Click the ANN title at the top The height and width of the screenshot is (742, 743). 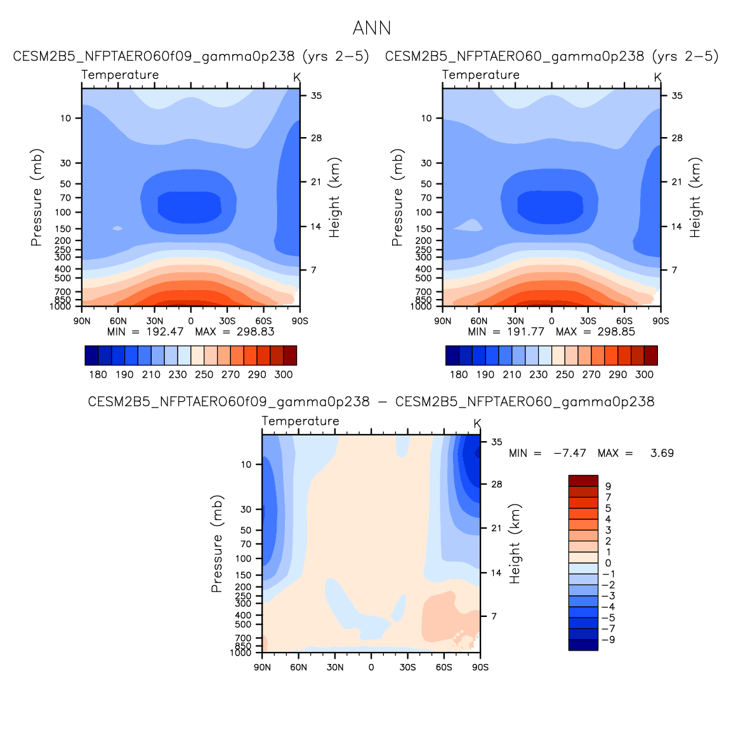click(x=372, y=29)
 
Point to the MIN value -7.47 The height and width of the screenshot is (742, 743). click(x=569, y=453)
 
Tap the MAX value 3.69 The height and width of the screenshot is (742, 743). click(x=662, y=453)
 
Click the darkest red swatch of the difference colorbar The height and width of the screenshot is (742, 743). click(x=583, y=480)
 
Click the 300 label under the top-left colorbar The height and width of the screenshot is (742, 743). click(x=284, y=374)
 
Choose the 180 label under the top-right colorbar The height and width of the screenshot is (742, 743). click(x=459, y=374)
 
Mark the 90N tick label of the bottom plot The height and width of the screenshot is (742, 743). click(x=262, y=667)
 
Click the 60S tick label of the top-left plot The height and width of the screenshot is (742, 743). click(x=263, y=321)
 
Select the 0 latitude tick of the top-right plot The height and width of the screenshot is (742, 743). click(x=551, y=321)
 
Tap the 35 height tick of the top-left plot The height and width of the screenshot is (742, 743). click(x=316, y=96)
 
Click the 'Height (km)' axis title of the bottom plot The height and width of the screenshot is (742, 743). click(x=515, y=544)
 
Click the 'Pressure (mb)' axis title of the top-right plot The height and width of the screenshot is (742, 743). click(x=397, y=197)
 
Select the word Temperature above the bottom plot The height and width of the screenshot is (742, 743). click(x=300, y=421)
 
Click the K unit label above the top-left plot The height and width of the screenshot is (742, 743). click(x=297, y=77)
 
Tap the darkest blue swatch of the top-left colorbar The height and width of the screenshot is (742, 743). click(x=91, y=355)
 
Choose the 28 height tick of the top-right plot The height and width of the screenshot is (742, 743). click(x=677, y=138)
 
